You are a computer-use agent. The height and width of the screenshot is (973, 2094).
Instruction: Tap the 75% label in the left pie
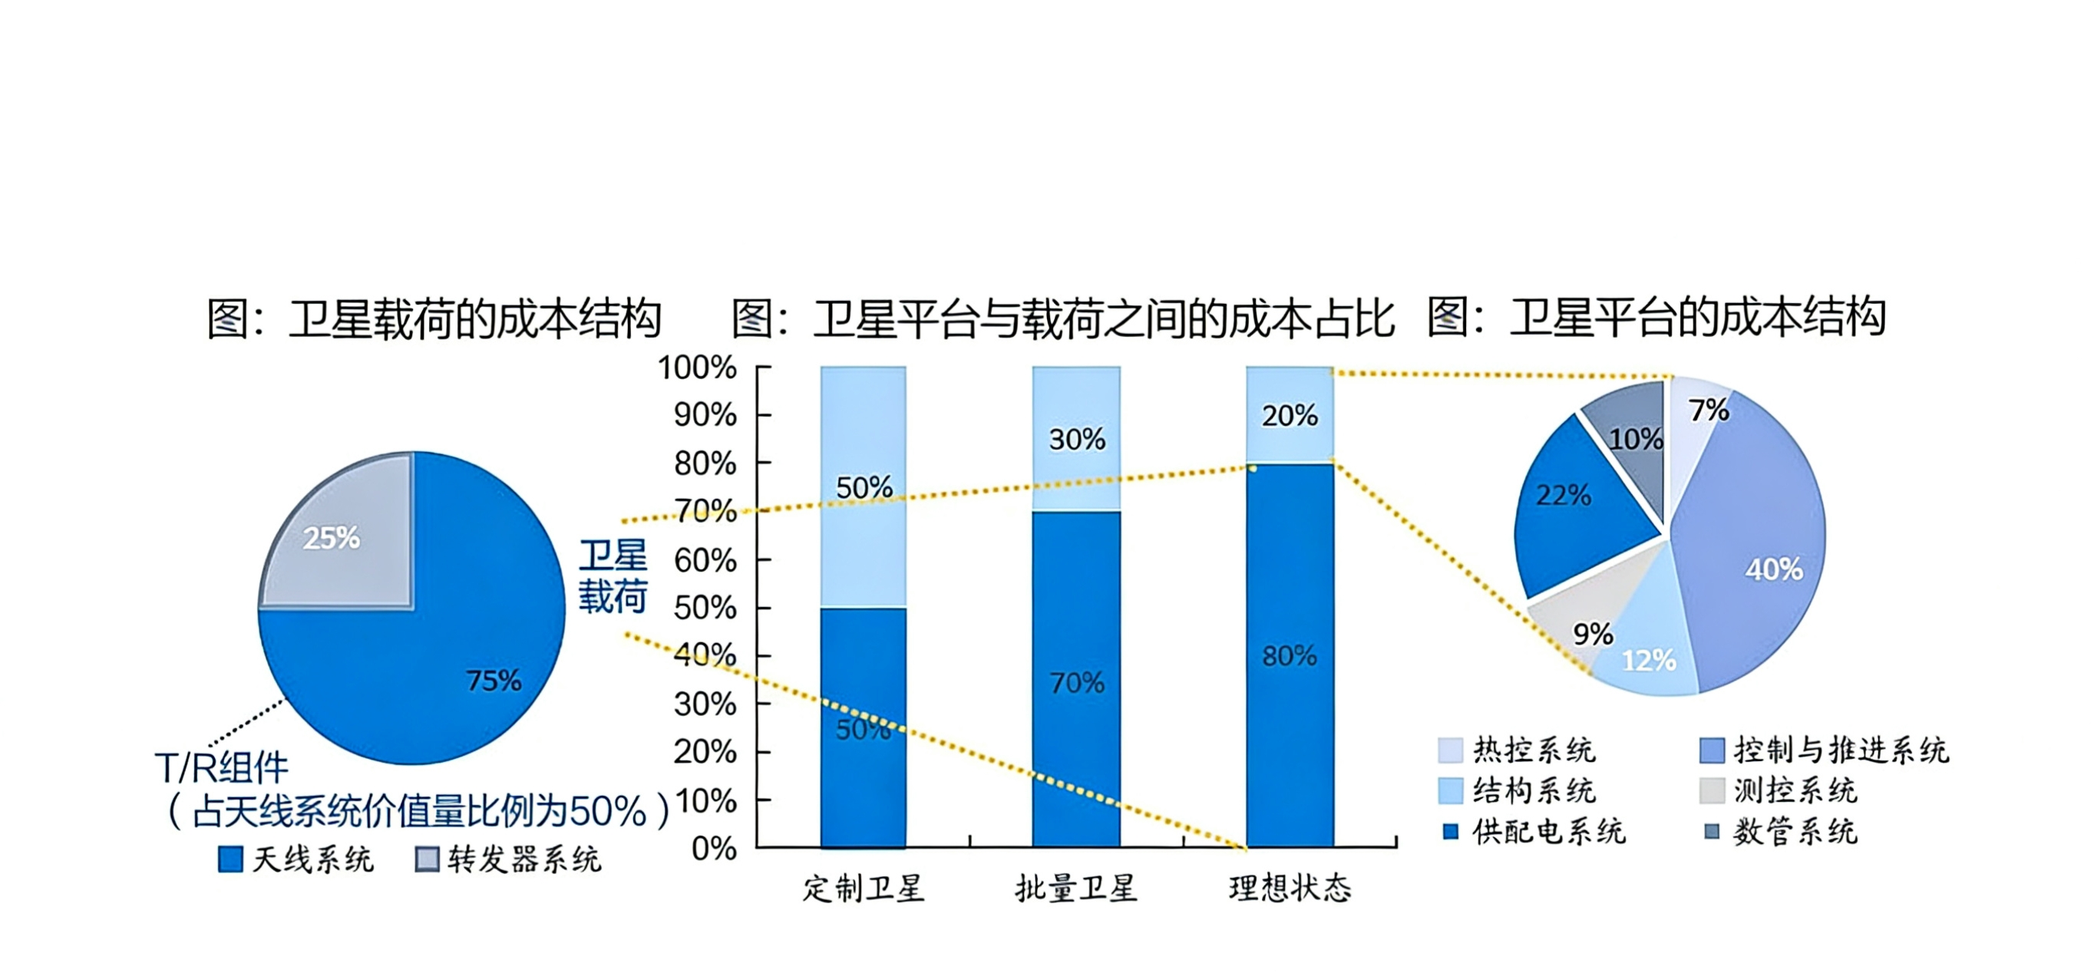tap(494, 681)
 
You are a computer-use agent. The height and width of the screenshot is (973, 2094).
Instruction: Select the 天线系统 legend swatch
tap(231, 859)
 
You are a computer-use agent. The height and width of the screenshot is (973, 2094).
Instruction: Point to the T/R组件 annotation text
tap(222, 767)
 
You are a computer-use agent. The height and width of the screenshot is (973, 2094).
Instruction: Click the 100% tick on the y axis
tap(698, 368)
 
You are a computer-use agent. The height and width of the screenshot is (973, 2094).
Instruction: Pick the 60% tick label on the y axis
tap(705, 560)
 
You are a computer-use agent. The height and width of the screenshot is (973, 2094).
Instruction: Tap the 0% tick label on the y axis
tap(714, 849)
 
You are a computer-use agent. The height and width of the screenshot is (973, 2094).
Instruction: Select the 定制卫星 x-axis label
tap(864, 889)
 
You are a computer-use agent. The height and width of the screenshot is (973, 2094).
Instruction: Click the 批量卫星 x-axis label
tap(1076, 889)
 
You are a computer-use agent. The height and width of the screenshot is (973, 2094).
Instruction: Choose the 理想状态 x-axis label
tap(1290, 889)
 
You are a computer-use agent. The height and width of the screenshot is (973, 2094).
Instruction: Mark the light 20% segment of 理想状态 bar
tap(1290, 415)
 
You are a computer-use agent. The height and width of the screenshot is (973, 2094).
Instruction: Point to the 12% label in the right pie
tap(1649, 660)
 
